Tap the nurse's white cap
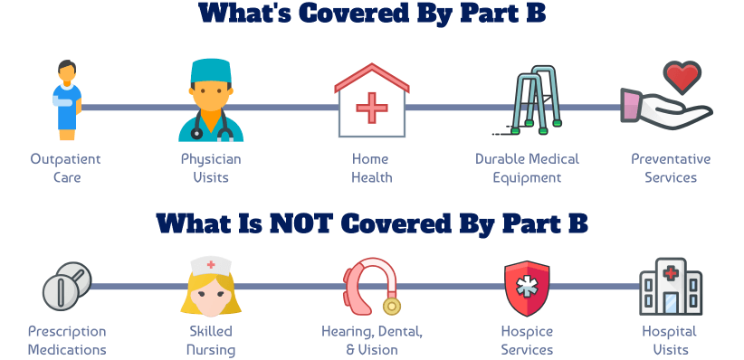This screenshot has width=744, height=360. point(210,264)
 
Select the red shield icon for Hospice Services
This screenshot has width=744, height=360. point(527,287)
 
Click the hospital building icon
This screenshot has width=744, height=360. point(670,287)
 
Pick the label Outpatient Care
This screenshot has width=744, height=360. point(65,168)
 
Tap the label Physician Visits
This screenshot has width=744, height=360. point(211,168)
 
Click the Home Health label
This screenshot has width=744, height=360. point(372,168)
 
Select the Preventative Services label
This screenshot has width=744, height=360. point(671,168)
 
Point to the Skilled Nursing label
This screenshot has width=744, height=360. point(210,340)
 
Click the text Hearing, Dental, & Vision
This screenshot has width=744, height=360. point(371,340)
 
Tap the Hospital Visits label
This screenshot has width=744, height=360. point(671,340)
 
